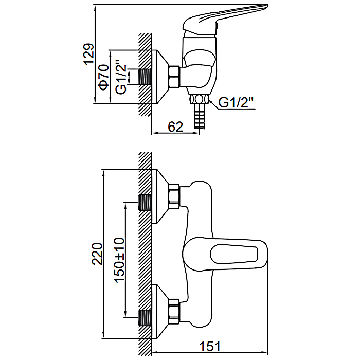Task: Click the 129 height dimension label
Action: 89,54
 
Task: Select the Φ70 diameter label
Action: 103,78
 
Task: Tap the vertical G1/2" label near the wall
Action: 121,77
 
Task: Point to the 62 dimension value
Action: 175,127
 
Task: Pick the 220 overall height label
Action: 97,254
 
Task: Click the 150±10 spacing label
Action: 119,260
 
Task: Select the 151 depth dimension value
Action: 210,346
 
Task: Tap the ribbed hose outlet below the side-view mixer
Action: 199,116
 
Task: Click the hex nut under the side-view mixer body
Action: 199,100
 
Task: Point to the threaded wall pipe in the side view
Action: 145,77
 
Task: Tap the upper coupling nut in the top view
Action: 174,196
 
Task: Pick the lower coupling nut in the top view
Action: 174,312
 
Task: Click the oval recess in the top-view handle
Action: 233,254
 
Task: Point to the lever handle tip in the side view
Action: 266,7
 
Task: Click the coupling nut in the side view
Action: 174,77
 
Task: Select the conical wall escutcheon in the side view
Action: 160,77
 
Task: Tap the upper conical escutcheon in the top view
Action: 160,196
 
